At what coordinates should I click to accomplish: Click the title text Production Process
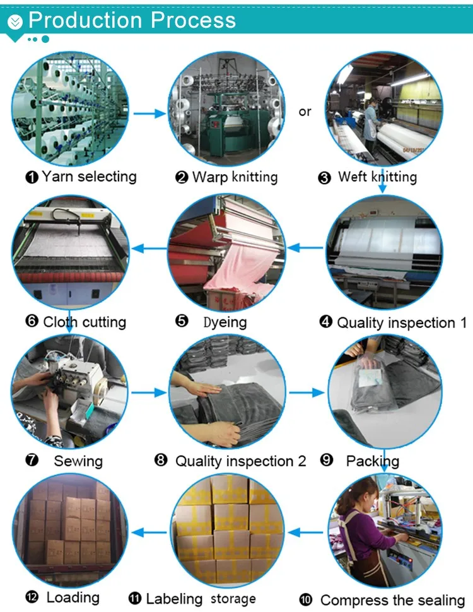(132, 20)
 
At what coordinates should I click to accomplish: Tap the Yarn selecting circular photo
(70, 111)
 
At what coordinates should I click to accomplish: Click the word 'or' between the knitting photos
(305, 112)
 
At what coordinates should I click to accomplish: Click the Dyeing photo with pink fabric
(226, 252)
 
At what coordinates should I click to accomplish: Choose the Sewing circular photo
(69, 392)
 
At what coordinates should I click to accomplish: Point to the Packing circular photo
(385, 392)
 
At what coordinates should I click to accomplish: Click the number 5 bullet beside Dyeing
(182, 321)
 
